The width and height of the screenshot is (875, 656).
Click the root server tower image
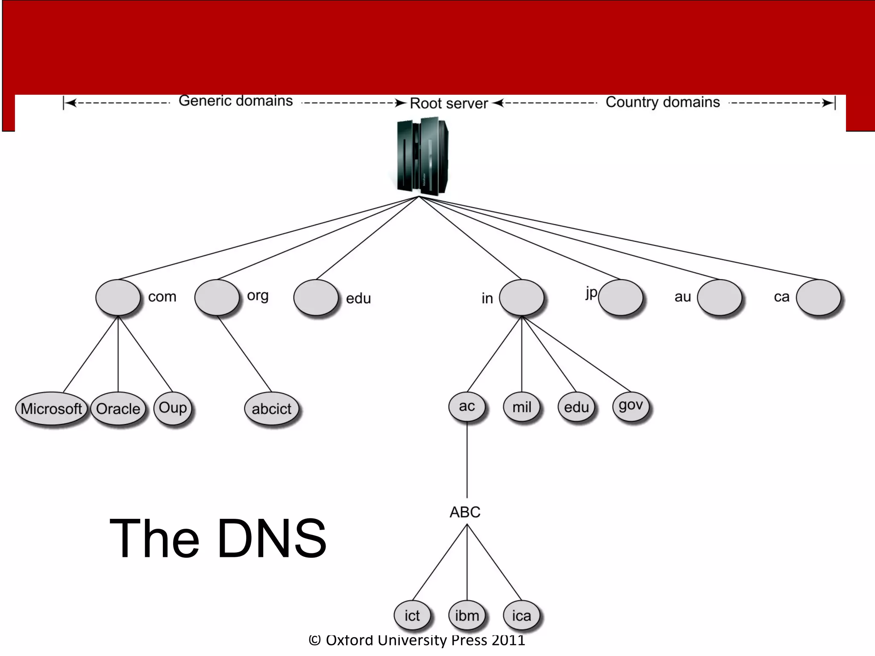(x=422, y=156)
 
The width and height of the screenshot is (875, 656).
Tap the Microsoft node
(x=51, y=409)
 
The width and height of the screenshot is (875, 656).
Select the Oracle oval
(x=118, y=409)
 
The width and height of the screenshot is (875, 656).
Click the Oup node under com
(x=173, y=408)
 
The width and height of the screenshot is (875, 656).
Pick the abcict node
(x=271, y=409)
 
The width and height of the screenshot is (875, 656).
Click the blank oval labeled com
(x=118, y=298)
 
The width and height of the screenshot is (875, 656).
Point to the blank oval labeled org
(x=217, y=298)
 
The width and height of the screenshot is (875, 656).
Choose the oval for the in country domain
(x=521, y=298)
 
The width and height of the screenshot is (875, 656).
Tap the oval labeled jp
(x=620, y=298)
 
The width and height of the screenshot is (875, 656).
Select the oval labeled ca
(x=818, y=298)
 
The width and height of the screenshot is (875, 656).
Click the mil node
(x=522, y=407)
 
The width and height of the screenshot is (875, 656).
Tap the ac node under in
(x=467, y=406)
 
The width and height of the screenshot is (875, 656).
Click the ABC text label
(x=465, y=512)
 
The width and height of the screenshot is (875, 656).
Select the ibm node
(x=467, y=616)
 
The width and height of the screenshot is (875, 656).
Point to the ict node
(x=412, y=616)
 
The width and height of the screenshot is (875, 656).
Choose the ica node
(x=521, y=616)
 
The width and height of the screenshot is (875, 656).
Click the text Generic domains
(x=235, y=101)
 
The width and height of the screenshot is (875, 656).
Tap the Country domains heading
(x=663, y=102)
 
